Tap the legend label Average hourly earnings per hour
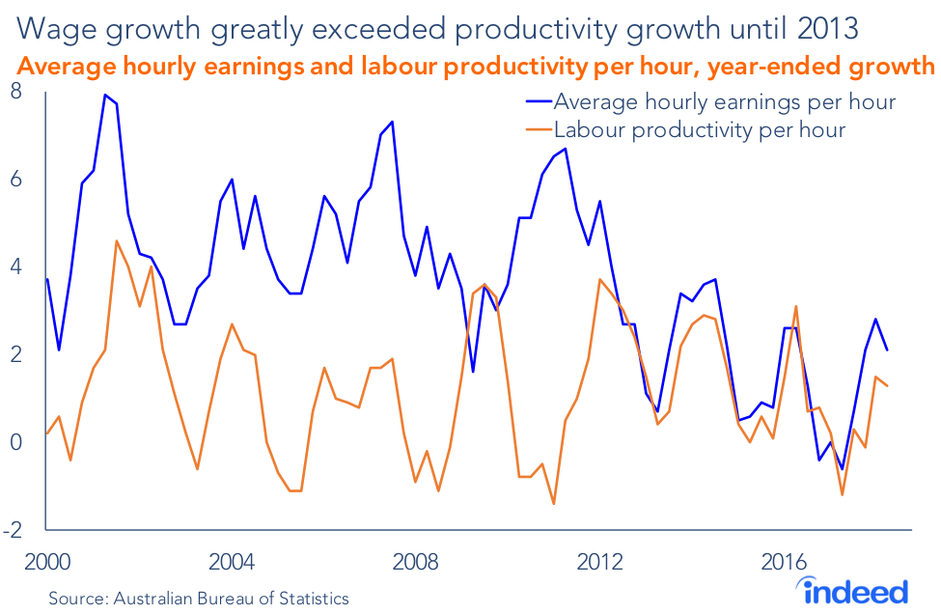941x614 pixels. click(x=724, y=101)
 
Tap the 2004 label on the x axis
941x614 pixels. click(x=233, y=563)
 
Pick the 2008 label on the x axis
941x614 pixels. click(x=417, y=563)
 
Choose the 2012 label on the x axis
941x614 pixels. click(x=601, y=563)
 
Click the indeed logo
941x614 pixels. click(x=855, y=590)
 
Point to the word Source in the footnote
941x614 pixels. click(x=78, y=599)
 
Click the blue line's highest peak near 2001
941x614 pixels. click(x=105, y=95)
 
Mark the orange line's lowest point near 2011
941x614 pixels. click(x=554, y=503)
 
